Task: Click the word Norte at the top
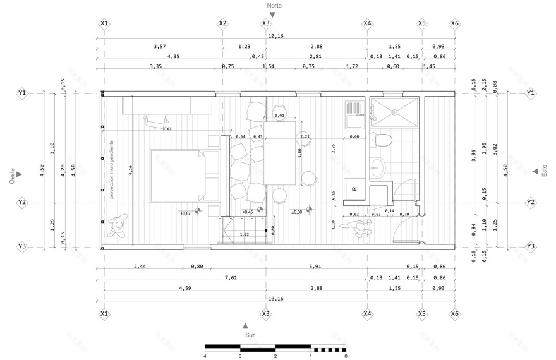(x=274, y=5)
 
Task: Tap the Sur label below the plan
(x=250, y=335)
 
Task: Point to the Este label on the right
(x=544, y=171)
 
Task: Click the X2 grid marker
(x=222, y=23)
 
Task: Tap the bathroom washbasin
(x=378, y=167)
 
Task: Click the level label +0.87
(x=185, y=213)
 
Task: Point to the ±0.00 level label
(x=296, y=212)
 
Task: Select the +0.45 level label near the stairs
(x=247, y=212)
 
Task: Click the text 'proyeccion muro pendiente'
(x=111, y=169)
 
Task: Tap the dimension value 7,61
(x=231, y=277)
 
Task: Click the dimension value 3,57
(x=159, y=46)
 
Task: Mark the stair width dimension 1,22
(x=244, y=234)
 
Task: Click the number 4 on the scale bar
(x=205, y=356)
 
